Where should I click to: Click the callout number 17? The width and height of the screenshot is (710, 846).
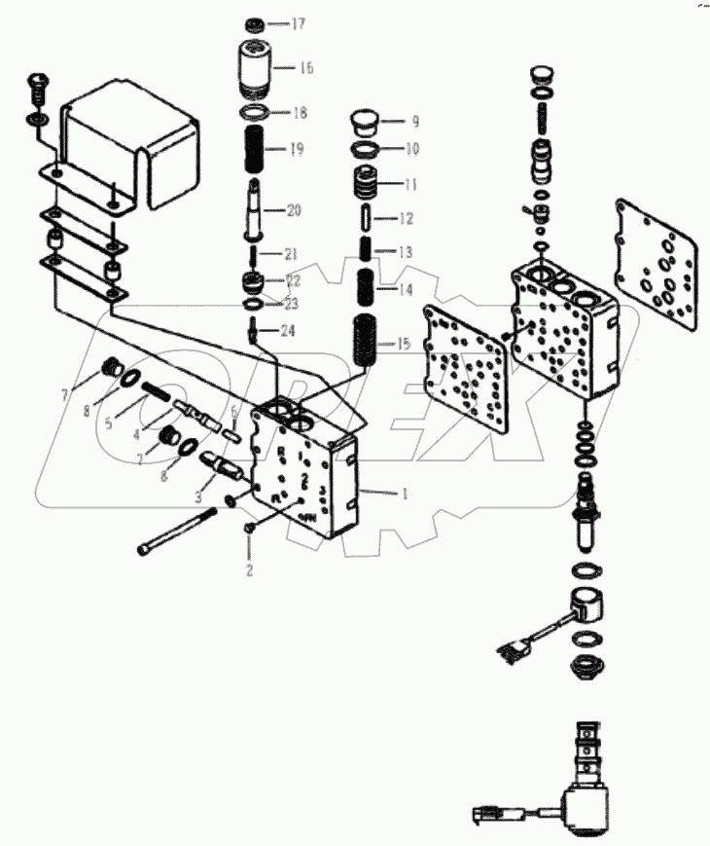click(299, 23)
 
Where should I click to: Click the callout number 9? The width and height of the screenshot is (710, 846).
click(414, 122)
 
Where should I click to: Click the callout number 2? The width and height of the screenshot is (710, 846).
click(249, 570)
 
